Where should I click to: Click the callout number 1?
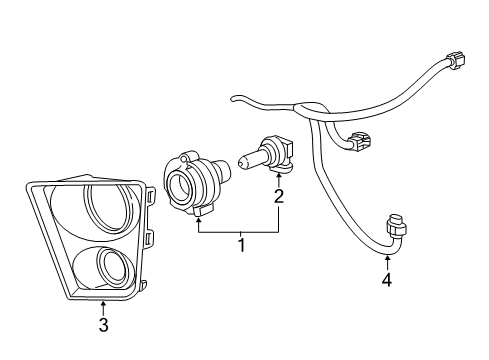(x=239, y=243)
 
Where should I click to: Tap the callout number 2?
(x=279, y=197)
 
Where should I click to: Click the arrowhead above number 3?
(x=103, y=301)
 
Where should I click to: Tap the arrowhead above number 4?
(x=387, y=258)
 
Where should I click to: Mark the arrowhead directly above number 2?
(x=279, y=176)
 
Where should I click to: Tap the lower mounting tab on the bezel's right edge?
(x=152, y=239)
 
